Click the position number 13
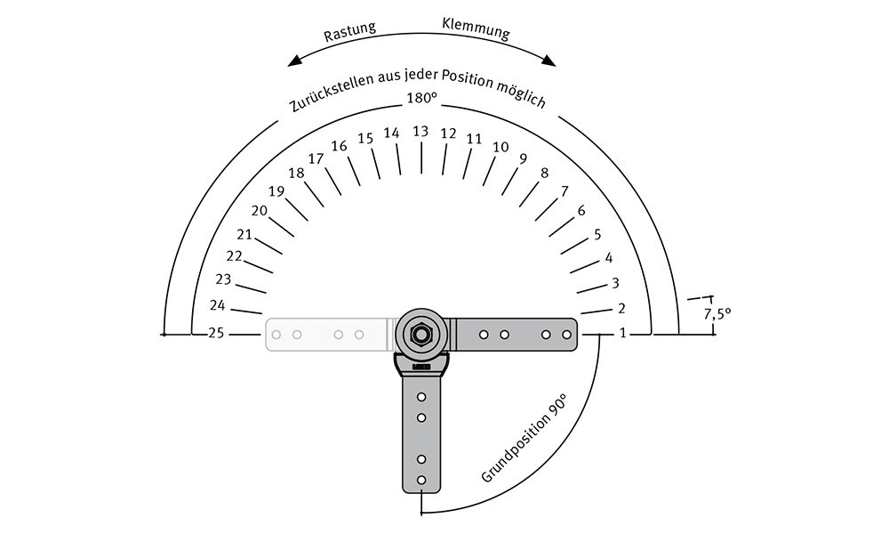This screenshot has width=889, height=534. point(420,132)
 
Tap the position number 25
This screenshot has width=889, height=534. point(216,333)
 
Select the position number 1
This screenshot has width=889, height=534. point(623,333)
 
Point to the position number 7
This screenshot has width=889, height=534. point(565,192)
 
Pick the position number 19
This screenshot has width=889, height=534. point(276,192)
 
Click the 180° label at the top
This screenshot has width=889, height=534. point(421,98)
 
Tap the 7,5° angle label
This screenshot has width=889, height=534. point(717,313)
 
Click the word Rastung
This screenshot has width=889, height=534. point(349,32)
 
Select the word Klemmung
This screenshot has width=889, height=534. point(476,28)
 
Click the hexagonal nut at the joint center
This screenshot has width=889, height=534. point(420,335)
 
